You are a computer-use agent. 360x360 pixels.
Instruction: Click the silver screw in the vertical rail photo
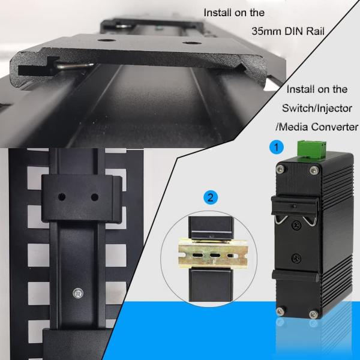77,293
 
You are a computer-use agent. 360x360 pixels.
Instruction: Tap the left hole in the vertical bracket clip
60,197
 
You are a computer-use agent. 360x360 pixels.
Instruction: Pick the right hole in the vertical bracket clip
94,197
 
